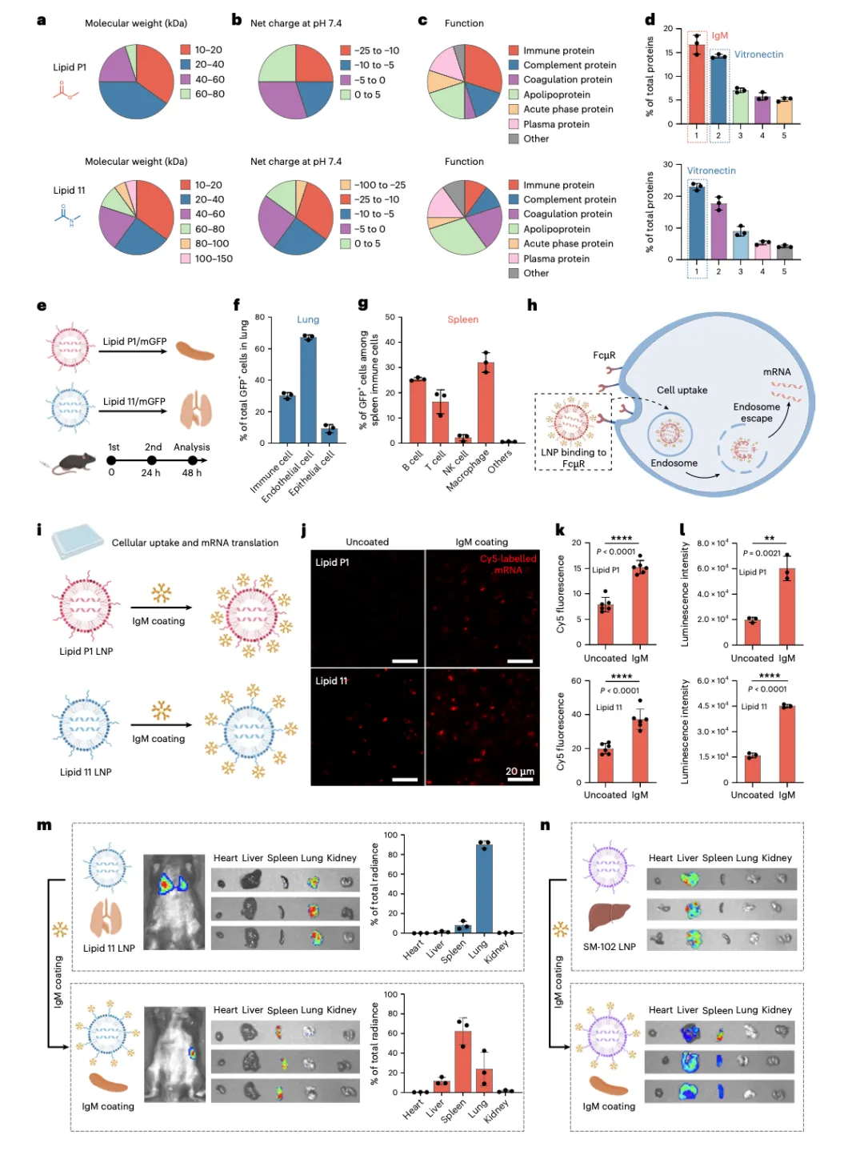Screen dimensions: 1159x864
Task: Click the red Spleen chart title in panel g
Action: point(462,319)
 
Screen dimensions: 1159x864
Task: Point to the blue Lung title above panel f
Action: point(308,319)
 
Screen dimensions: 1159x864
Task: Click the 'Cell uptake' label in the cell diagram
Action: point(682,390)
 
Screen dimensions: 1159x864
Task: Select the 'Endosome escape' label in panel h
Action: point(756,412)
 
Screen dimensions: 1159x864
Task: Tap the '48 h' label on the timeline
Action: point(192,473)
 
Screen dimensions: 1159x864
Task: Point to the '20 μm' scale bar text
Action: point(520,772)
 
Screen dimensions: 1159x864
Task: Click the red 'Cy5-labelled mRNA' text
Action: point(508,564)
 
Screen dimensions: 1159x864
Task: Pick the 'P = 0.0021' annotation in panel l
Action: point(762,553)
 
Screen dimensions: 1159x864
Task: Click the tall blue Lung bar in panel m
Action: point(484,888)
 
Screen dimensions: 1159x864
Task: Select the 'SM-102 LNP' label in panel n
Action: point(610,947)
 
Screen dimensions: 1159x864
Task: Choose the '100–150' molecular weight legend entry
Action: point(214,259)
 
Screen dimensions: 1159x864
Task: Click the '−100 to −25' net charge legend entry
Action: point(380,185)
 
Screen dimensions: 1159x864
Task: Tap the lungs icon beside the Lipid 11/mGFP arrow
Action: point(195,410)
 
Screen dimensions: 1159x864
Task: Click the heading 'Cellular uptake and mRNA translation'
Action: point(195,543)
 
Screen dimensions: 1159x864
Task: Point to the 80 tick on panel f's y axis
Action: point(260,318)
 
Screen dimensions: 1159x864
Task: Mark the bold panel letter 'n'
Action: point(545,825)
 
